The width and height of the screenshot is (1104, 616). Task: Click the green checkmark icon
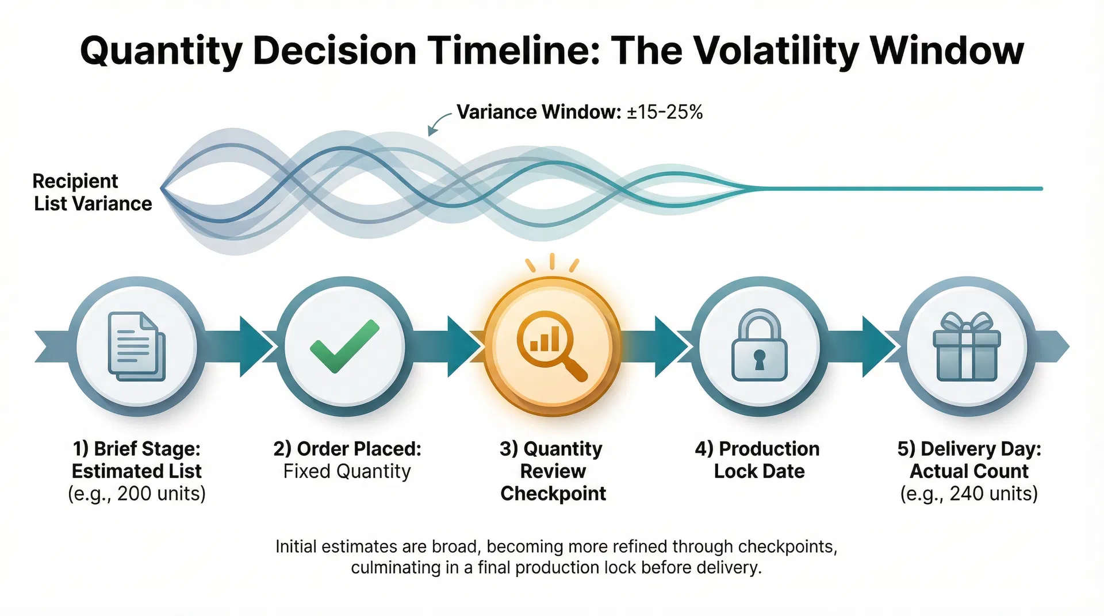coord(344,346)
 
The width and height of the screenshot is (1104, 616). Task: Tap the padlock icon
coord(759,346)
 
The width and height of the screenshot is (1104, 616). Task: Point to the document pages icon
coord(137,346)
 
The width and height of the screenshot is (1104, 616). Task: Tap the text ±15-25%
coord(665,112)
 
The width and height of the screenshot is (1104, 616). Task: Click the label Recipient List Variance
coord(92,192)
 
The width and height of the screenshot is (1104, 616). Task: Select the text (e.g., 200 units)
coord(137,494)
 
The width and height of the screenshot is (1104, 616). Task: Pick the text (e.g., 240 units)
coord(969,494)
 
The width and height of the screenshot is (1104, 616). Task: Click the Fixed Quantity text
coord(347,471)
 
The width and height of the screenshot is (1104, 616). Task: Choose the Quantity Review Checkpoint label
coord(552,471)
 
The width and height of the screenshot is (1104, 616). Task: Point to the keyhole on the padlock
coord(759,360)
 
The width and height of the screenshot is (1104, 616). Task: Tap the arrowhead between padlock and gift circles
coord(877,346)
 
